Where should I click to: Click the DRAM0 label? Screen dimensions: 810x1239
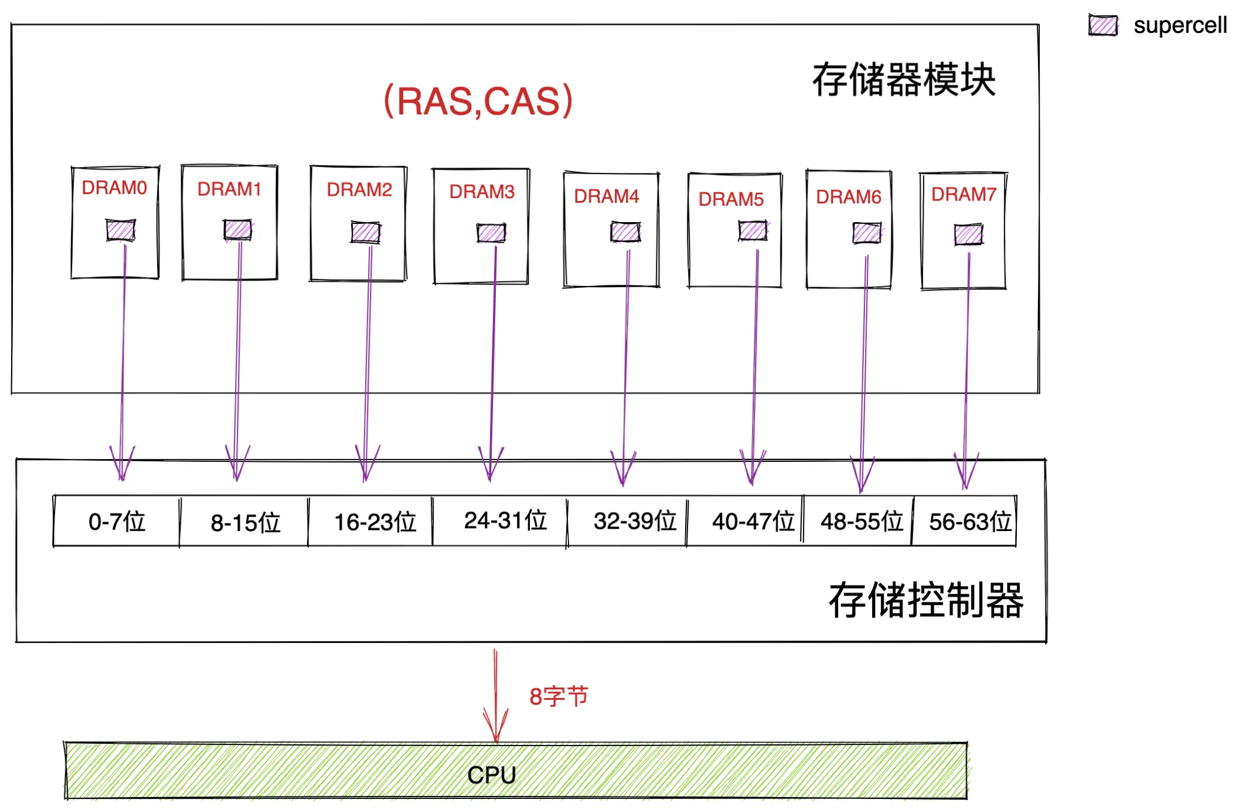[114, 188]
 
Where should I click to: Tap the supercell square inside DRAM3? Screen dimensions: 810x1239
[491, 233]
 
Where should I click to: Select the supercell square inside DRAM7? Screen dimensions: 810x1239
[968, 235]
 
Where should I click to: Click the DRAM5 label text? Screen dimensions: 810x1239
[731, 199]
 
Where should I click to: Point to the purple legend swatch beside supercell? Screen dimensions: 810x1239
[1102, 26]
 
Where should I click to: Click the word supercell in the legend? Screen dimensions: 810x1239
[1180, 25]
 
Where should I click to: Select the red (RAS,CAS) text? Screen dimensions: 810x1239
[478, 101]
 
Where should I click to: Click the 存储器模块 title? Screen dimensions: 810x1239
[903, 80]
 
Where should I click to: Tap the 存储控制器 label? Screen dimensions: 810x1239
[925, 600]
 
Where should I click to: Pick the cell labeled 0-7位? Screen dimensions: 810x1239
[117, 522]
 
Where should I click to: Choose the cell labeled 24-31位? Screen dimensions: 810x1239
[505, 520]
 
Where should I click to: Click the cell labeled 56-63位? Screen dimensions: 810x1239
[969, 522]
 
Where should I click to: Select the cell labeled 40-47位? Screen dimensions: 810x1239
[753, 522]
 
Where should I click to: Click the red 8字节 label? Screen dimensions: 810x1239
[558, 696]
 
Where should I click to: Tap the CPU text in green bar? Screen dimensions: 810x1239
[491, 775]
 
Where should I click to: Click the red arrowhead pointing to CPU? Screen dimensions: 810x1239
[496, 730]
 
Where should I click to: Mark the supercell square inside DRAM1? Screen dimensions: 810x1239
[237, 230]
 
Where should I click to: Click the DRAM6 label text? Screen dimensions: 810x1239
[848, 197]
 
